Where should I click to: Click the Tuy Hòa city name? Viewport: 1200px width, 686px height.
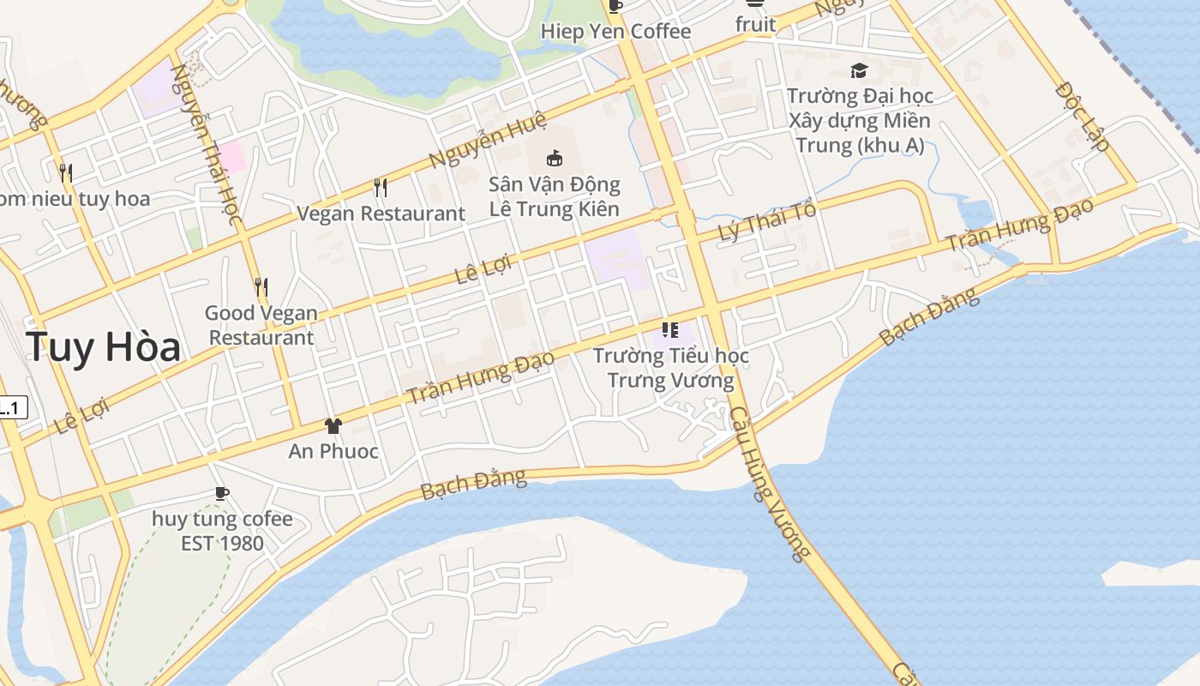103,347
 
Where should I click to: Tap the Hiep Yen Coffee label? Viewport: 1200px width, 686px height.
615,32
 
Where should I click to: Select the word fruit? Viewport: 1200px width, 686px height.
755,25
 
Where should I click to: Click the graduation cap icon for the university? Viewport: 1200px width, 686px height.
859,70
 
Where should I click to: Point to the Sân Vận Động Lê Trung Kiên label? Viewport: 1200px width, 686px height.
555,196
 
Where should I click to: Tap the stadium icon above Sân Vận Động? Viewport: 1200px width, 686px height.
555,158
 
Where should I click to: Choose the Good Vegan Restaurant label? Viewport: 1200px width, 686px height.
261,325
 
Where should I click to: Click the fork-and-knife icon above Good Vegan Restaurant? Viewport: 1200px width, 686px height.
261,286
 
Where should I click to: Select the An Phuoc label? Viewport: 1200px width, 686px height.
333,451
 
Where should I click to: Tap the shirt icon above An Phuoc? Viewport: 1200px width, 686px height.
333,425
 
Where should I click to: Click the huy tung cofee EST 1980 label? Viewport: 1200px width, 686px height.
222,531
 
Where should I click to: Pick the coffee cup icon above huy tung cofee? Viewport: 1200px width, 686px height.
222,493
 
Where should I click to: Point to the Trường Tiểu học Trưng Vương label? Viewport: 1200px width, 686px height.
671,368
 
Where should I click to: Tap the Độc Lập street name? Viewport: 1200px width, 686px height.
1083,116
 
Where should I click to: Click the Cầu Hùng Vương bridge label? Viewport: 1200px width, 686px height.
769,484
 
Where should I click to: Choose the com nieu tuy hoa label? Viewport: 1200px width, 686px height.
74,199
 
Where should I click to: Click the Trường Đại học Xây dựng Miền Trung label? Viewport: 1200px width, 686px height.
860,120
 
